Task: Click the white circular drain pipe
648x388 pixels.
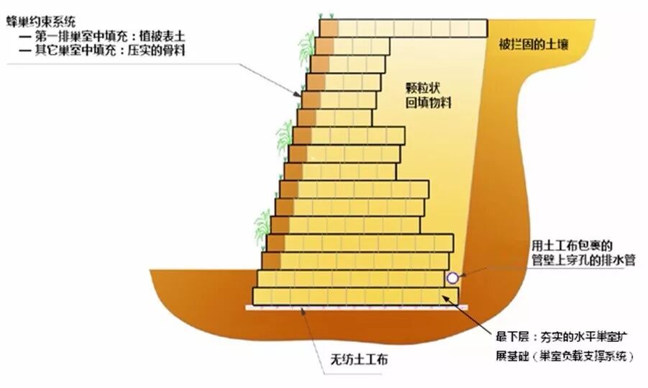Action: click(452, 277)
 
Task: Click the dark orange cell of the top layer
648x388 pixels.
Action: click(329, 28)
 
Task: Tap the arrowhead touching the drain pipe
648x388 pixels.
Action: click(463, 274)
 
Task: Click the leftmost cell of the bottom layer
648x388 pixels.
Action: click(262, 295)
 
